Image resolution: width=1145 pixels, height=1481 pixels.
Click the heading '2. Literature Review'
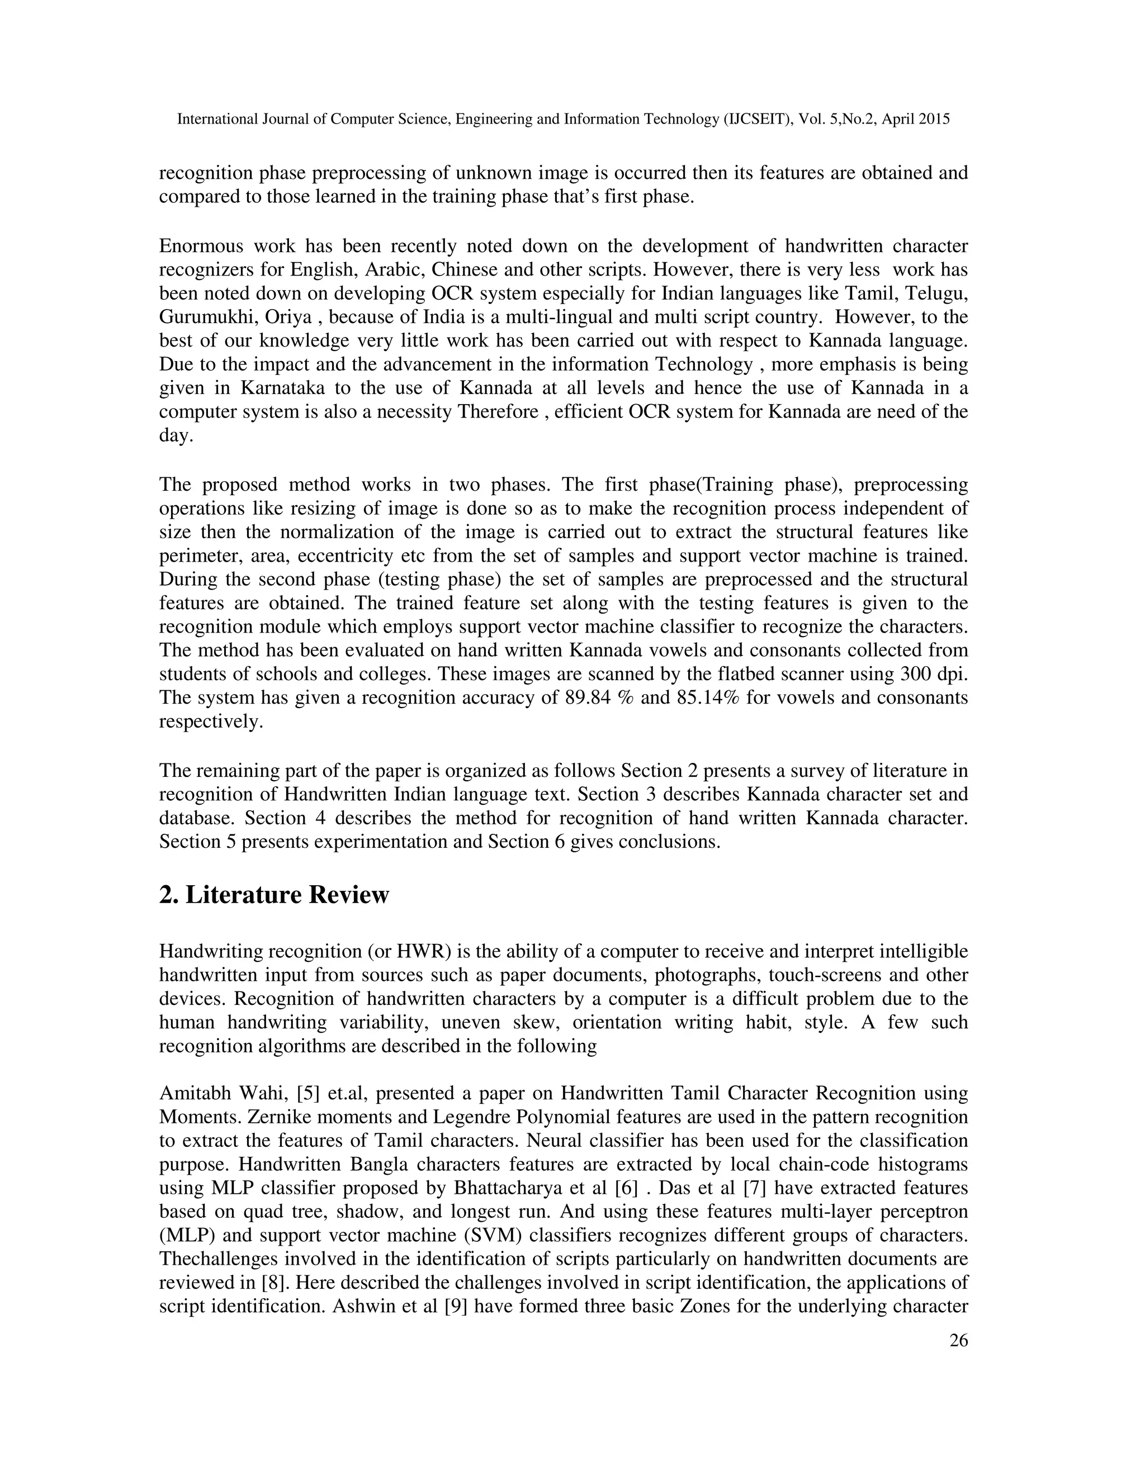pos(274,895)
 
